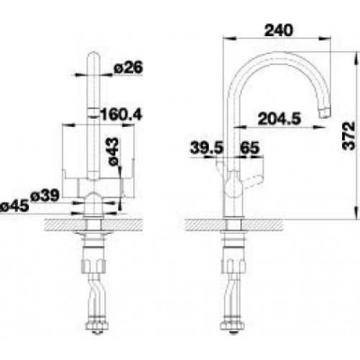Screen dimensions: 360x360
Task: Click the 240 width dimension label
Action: coord(278,31)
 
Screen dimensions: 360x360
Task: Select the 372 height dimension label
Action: coord(349,135)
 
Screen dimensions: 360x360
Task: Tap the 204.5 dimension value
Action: coord(279,119)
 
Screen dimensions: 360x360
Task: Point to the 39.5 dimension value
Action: coord(207,148)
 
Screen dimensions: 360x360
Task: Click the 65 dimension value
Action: coord(249,148)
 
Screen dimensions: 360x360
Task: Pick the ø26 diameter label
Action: coord(128,67)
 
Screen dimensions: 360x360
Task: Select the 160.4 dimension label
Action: coord(120,114)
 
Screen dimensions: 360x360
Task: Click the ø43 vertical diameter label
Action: coord(114,151)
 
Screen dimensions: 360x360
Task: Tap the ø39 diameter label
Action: coord(45,196)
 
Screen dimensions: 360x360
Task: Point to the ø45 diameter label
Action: coord(14,206)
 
